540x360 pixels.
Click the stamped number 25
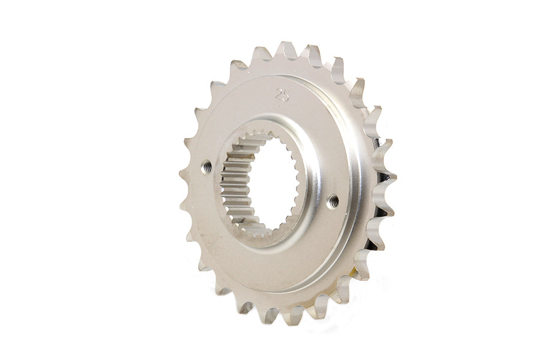pyautogui.click(x=281, y=94)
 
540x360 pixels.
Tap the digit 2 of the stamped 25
pyautogui.click(x=278, y=94)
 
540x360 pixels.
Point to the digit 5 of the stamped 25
pyautogui.click(x=284, y=94)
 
